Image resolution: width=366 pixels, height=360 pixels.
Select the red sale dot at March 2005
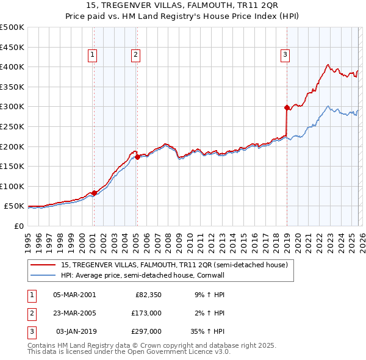[137, 157]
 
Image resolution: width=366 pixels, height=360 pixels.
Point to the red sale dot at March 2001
[94, 193]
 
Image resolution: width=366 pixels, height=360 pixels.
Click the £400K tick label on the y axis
[12, 67]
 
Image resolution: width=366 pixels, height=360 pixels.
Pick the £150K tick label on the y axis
[12, 166]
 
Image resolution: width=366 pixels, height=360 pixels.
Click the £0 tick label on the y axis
[18, 226]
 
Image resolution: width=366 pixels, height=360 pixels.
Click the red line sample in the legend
[43, 264]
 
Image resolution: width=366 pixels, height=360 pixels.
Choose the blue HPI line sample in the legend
[43, 275]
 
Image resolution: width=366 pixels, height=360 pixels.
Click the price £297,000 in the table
[147, 331]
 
